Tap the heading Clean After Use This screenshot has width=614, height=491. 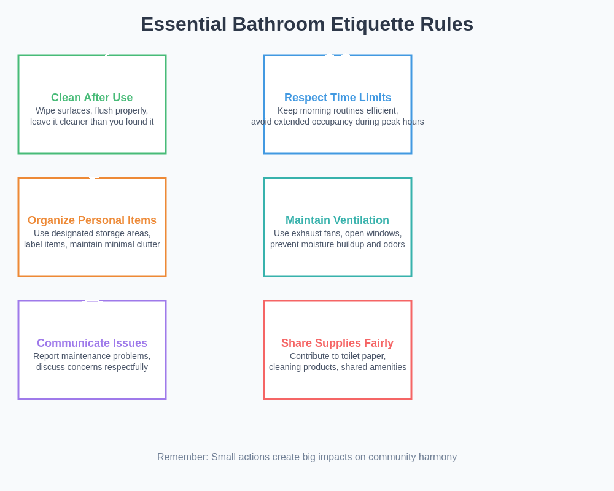click(91, 98)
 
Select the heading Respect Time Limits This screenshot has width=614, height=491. click(338, 98)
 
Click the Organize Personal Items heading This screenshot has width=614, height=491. click(92, 220)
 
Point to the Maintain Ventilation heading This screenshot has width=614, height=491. click(337, 220)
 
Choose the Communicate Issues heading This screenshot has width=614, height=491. click(92, 343)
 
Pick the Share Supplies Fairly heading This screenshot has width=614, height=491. click(337, 343)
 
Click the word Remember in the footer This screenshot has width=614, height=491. click(182, 457)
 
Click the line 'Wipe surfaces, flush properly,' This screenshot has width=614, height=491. click(92, 110)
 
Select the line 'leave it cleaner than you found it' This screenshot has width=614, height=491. click(92, 122)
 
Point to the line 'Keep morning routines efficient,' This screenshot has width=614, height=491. click(338, 110)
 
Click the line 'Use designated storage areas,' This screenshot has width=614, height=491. click(92, 233)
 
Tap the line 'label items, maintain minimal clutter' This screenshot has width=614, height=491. click(92, 244)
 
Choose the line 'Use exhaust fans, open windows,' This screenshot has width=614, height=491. click(338, 233)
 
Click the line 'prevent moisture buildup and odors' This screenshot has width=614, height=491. click(338, 244)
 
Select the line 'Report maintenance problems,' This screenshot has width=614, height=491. click(92, 356)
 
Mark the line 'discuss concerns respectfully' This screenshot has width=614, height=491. click(92, 367)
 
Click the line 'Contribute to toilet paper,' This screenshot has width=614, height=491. click(338, 356)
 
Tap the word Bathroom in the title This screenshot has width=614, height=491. click(279, 24)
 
